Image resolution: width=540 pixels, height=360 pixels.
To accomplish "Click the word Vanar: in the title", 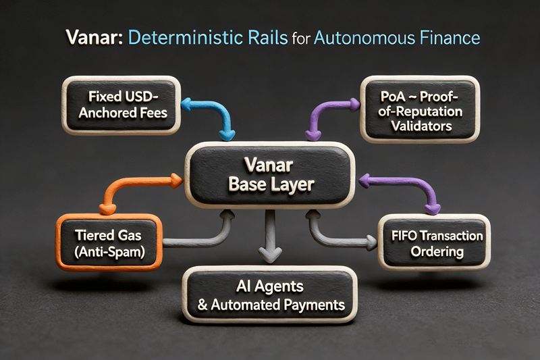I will pyautogui.click(x=88, y=37).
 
